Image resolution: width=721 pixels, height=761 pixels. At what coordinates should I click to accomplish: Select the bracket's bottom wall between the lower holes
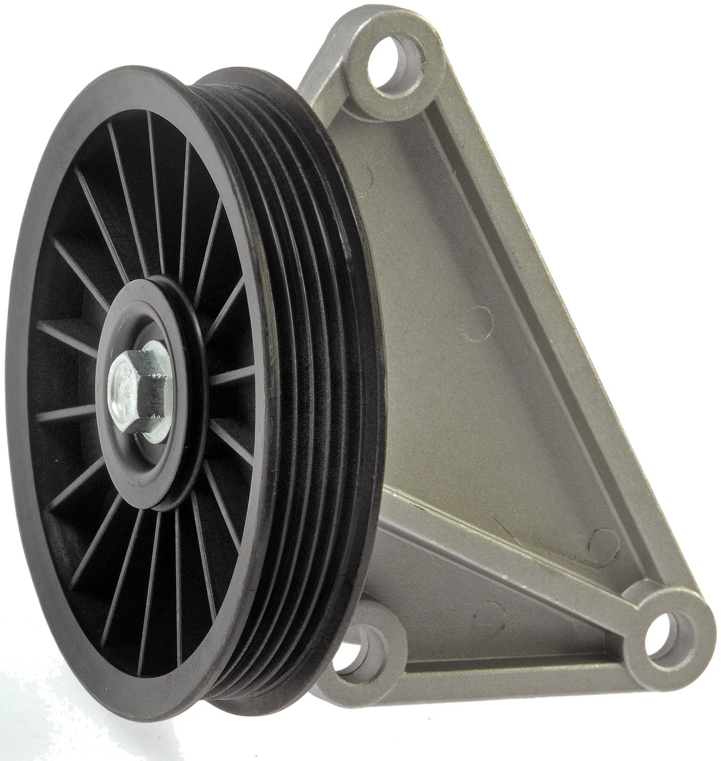507,675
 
